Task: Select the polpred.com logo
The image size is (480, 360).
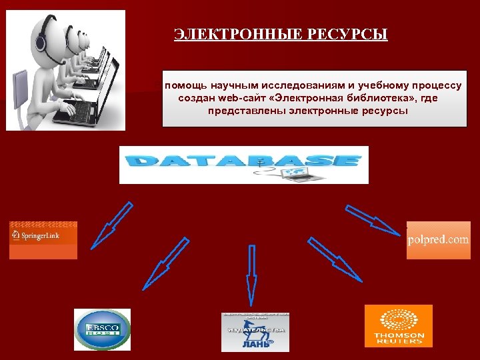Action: [x=439, y=240]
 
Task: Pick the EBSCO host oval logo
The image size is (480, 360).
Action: [x=102, y=329]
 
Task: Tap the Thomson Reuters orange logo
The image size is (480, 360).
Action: [x=399, y=326]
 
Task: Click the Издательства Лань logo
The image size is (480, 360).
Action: [x=255, y=332]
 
